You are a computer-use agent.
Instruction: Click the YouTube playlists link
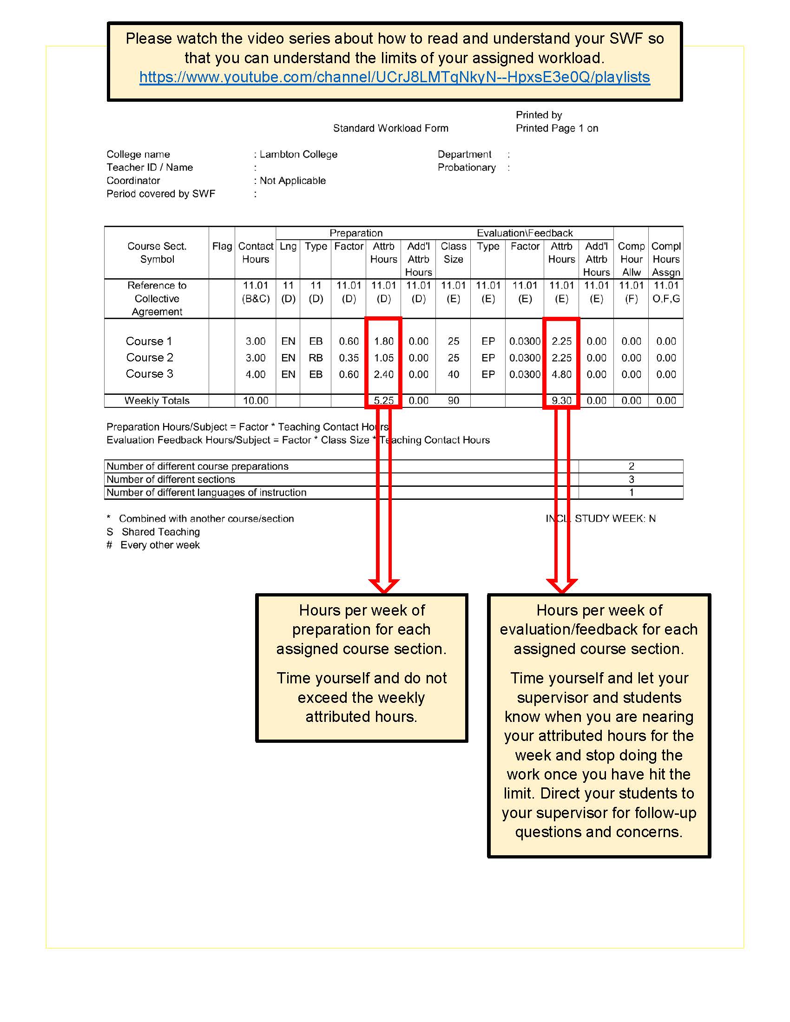pyautogui.click(x=395, y=77)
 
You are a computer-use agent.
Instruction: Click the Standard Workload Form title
pyautogui.click(x=390, y=128)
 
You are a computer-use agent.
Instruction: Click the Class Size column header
pyautogui.click(x=453, y=253)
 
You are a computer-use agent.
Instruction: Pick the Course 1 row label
pyautogui.click(x=149, y=341)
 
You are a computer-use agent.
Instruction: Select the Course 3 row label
pyautogui.click(x=149, y=374)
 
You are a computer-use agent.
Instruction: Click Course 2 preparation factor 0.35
pyautogui.click(x=349, y=358)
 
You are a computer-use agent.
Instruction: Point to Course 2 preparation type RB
pyautogui.click(x=316, y=358)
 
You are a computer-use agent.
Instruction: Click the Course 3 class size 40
pyautogui.click(x=453, y=374)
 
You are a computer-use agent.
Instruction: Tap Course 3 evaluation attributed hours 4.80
pyautogui.click(x=561, y=374)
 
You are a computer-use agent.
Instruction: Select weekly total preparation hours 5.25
pyautogui.click(x=383, y=400)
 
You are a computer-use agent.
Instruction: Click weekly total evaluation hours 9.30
pyautogui.click(x=561, y=400)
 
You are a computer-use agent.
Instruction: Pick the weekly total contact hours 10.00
pyautogui.click(x=256, y=400)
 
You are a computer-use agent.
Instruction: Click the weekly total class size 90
pyautogui.click(x=453, y=400)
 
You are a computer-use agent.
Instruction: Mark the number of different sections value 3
pyautogui.click(x=631, y=479)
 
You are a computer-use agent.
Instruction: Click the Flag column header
pyautogui.click(x=222, y=246)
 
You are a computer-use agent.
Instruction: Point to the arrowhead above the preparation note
pyautogui.click(x=383, y=585)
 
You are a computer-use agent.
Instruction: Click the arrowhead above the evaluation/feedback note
pyautogui.click(x=562, y=585)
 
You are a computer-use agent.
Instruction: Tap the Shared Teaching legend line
pyautogui.click(x=160, y=531)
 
